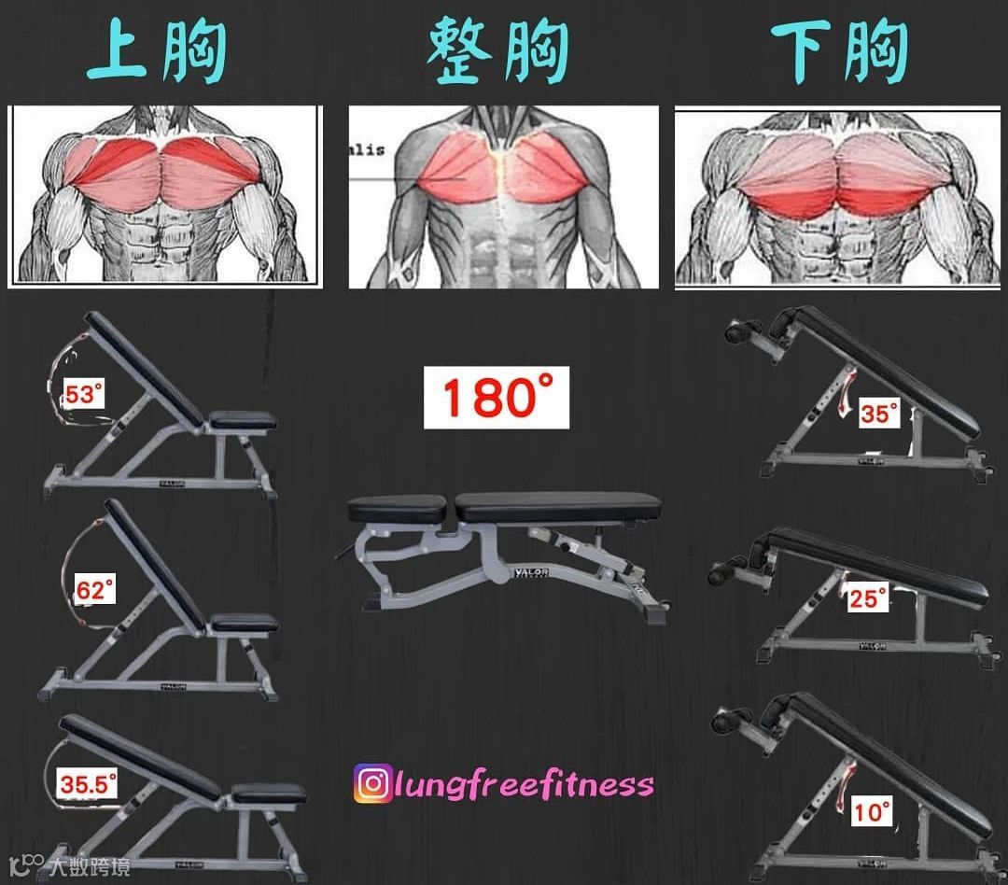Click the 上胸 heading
[158, 53]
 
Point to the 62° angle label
[94, 591]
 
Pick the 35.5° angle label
[90, 784]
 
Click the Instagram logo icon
[372, 783]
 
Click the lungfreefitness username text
[524, 783]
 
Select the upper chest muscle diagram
[165, 196]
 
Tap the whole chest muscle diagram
[503, 197]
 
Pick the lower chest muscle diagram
[837, 197]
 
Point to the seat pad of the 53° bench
[243, 420]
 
